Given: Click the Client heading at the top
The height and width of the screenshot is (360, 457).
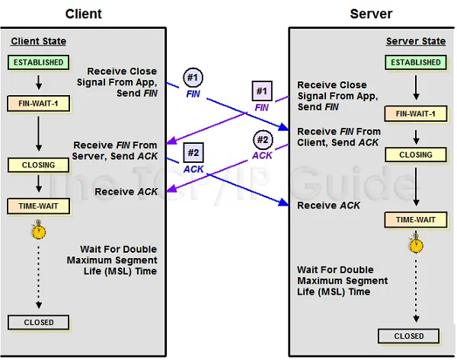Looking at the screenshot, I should click(x=83, y=14).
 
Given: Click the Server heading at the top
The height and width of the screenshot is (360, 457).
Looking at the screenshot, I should click(x=371, y=14).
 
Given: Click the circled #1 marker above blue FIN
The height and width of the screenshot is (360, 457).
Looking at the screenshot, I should click(x=193, y=78).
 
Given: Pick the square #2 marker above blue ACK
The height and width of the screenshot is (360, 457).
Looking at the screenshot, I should click(x=193, y=153).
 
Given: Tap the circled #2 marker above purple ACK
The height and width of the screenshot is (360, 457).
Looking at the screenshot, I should click(x=262, y=140).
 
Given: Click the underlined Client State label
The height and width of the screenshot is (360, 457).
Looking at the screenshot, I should click(x=38, y=41).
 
